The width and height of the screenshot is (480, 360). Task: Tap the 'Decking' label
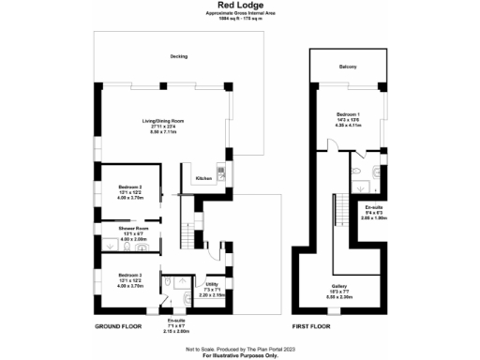(x=178, y=56)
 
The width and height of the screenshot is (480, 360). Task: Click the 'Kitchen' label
(x=202, y=178)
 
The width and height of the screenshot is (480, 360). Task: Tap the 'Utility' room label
(x=212, y=283)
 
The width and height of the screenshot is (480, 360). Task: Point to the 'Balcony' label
(x=347, y=67)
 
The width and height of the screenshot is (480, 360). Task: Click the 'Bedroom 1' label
(x=347, y=114)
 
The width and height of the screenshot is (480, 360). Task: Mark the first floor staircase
(x=335, y=225)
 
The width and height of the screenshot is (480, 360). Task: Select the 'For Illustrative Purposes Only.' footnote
(x=239, y=355)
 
